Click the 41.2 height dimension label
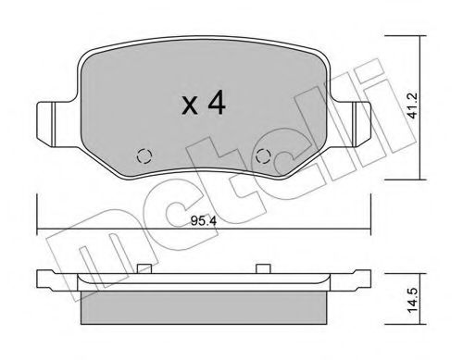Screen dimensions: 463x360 click(413, 106)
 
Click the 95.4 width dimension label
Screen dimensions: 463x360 click(204, 221)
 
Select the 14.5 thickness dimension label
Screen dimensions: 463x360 click(413, 300)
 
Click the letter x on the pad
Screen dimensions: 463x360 click(190, 106)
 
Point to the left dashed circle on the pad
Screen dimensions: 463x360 click(144, 156)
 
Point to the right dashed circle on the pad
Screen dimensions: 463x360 click(264, 156)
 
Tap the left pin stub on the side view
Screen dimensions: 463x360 click(144, 268)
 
